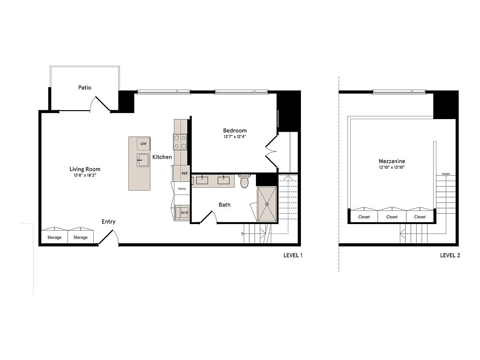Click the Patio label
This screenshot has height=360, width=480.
tap(84, 88)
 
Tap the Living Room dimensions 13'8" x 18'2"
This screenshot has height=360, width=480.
tap(85, 175)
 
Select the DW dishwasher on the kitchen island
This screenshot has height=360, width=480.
tap(143, 144)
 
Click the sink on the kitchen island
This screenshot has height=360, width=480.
tap(142, 160)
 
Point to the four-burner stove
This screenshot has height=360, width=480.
tap(180, 142)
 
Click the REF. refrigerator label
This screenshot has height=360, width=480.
tap(185, 173)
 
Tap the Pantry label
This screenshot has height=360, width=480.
tap(182, 189)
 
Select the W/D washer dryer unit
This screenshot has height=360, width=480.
tap(184, 212)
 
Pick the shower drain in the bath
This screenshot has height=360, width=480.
tap(267, 204)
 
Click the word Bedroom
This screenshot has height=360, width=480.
tap(235, 130)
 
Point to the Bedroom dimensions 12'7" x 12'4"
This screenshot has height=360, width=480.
tap(235, 137)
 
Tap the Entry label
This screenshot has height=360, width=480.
tap(108, 222)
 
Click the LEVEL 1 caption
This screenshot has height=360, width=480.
tap(293, 255)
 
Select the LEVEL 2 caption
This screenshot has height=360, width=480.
tap(450, 255)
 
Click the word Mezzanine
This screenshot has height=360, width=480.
tap(392, 161)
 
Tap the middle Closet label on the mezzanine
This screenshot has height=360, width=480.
tap(392, 217)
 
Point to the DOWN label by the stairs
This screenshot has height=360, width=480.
tap(446, 174)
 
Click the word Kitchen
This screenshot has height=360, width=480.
tap(162, 157)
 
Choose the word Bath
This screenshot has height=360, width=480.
tap(225, 205)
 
